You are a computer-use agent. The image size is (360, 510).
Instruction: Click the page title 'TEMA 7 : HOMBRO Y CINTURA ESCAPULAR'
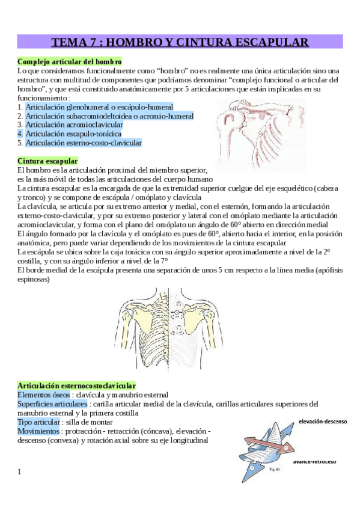tap(180, 42)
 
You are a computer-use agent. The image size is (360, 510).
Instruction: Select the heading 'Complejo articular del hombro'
tap(70, 61)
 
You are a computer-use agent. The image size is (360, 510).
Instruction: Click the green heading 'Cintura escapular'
tap(47, 161)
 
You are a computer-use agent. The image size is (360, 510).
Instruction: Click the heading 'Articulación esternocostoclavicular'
tap(76, 385)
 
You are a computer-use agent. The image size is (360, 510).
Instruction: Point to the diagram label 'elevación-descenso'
tap(322, 422)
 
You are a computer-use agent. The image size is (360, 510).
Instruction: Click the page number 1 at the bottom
tap(20, 472)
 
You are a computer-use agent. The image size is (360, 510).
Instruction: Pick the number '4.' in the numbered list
tap(20, 134)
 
